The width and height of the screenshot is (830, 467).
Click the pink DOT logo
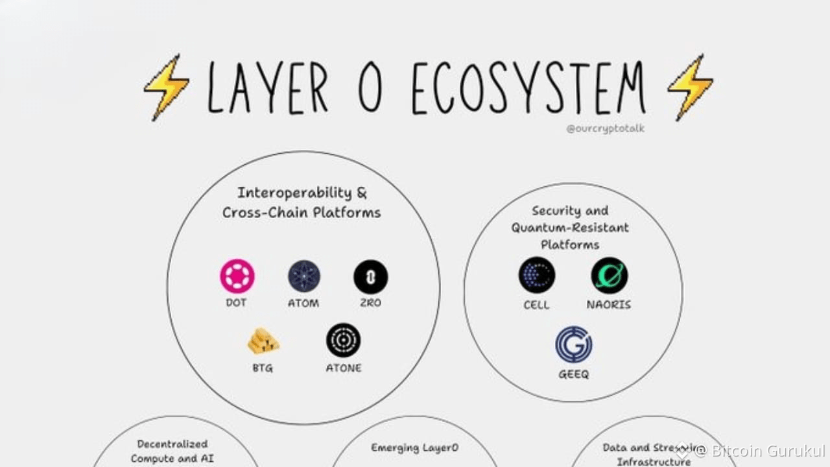click(x=237, y=276)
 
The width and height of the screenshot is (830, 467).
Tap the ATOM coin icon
click(x=304, y=276)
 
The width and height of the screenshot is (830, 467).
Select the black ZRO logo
click(x=371, y=276)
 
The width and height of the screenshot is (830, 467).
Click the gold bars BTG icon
click(x=263, y=342)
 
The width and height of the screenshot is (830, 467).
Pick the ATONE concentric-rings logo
click(x=343, y=341)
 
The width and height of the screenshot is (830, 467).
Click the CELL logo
click(x=536, y=275)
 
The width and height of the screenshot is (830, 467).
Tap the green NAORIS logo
click(x=609, y=275)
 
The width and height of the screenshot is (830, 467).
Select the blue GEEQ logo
click(x=573, y=345)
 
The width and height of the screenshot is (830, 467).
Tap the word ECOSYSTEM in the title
click(x=528, y=88)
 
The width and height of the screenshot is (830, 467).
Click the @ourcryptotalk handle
click(x=605, y=128)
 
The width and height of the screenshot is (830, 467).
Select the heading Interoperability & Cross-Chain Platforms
click(x=302, y=202)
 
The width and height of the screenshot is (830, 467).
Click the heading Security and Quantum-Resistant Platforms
click(x=570, y=228)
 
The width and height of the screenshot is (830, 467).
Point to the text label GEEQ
click(x=573, y=374)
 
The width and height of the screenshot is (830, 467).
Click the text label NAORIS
click(x=609, y=304)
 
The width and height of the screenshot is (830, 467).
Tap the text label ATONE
click(x=343, y=368)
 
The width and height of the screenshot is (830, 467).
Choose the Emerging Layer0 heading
click(x=414, y=448)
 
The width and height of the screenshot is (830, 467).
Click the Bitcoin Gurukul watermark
click(x=759, y=450)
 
